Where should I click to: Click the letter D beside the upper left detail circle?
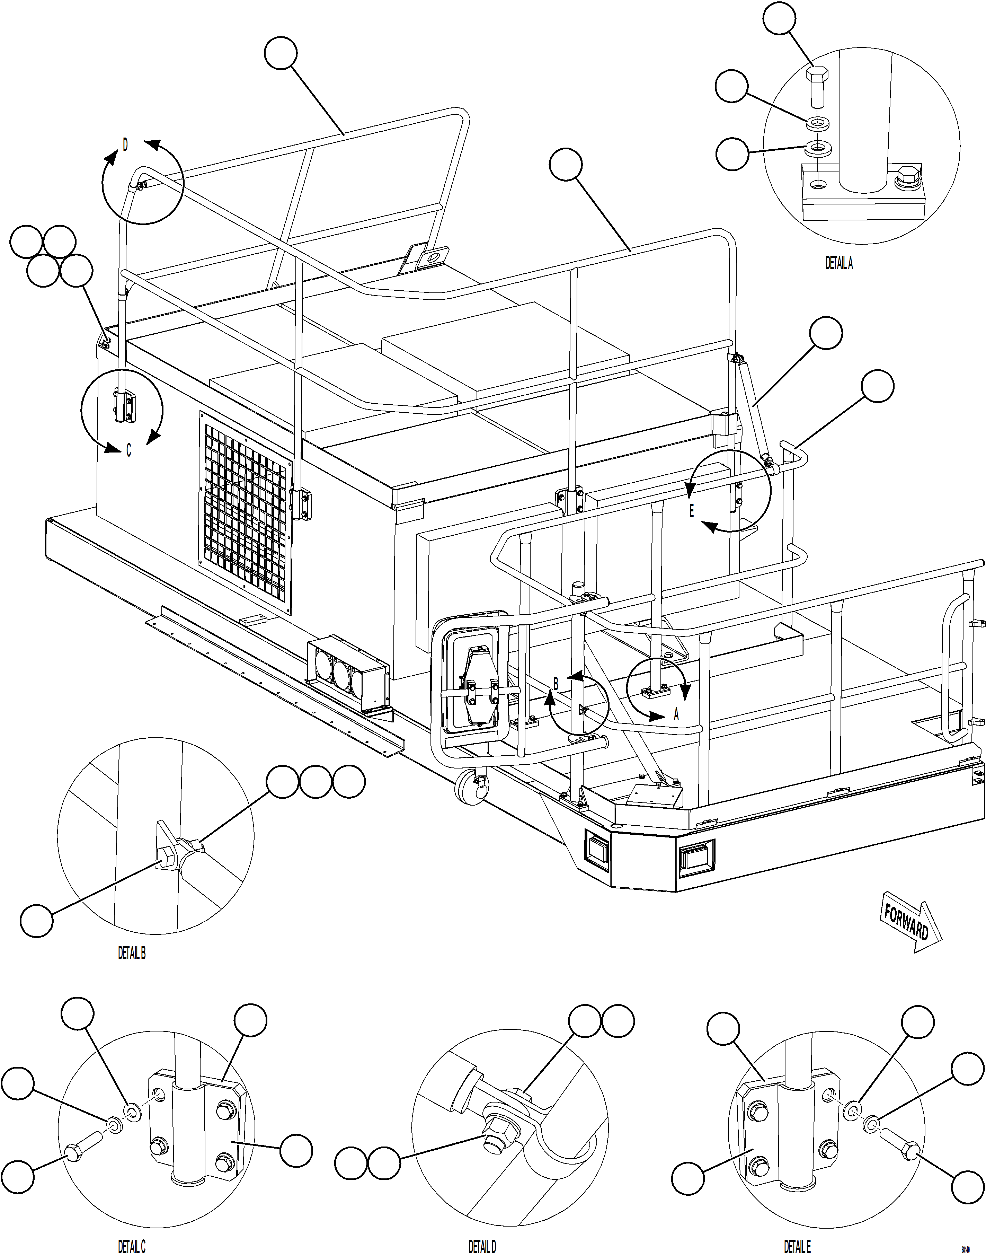[125, 144]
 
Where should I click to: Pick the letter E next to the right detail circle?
[692, 510]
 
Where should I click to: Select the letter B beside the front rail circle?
[556, 684]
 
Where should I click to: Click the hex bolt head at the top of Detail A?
[816, 76]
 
